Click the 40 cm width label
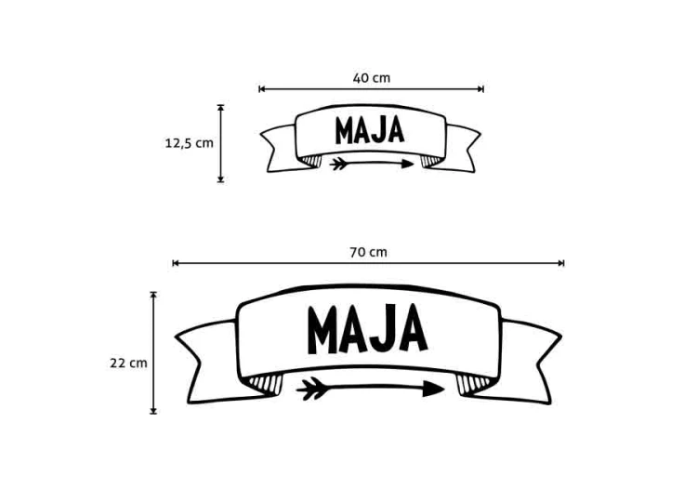tap(372, 78)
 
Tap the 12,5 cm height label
tap(190, 143)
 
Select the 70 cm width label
tap(368, 252)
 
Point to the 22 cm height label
tap(128, 363)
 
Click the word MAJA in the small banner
tap(370, 130)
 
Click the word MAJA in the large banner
tap(367, 329)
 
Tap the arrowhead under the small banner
tap(407, 164)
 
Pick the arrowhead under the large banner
tap(433, 389)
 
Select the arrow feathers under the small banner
tap(338, 164)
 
